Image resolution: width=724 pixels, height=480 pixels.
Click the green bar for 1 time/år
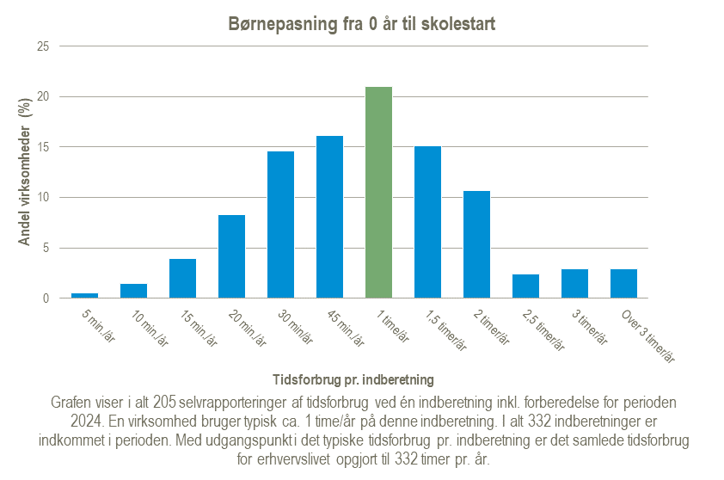click(x=378, y=193)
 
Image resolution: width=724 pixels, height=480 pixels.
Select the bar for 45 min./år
click(x=329, y=217)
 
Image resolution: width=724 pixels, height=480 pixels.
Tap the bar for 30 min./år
click(x=280, y=225)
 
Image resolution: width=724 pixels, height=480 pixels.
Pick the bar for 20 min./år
click(x=231, y=256)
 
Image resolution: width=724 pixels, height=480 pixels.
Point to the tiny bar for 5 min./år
click(x=84, y=296)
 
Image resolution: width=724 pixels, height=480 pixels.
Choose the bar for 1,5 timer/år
click(x=427, y=222)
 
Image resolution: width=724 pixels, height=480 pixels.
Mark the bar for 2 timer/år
click(x=476, y=244)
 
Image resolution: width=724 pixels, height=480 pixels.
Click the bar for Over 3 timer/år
click(x=623, y=284)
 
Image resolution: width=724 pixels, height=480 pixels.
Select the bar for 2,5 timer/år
click(x=525, y=286)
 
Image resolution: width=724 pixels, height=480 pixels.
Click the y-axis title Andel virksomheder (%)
click(x=25, y=172)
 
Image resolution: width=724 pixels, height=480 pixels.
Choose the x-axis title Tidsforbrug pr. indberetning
click(x=353, y=378)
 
